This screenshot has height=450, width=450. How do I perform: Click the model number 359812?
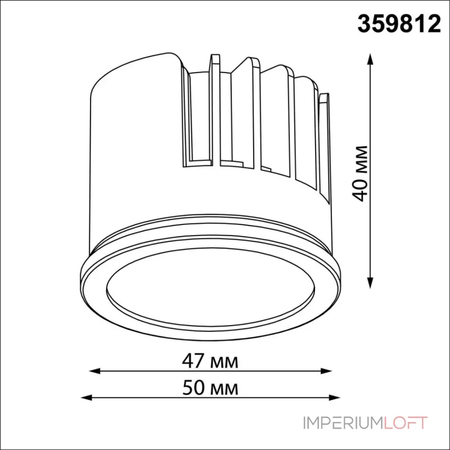tap(399, 24)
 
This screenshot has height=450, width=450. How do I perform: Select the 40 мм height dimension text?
tap(359, 173)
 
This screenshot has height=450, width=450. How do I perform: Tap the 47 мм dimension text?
tap(210, 361)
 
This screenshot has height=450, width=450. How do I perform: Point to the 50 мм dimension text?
tap(210, 388)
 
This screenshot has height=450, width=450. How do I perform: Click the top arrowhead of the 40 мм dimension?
tap(370, 59)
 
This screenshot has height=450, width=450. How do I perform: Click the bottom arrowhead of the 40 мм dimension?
tap(370, 283)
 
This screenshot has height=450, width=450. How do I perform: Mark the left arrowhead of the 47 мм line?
tap(94, 371)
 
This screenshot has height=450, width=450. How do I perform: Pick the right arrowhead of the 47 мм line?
tap(326, 371)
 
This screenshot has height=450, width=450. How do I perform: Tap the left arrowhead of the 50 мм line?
tap(87, 398)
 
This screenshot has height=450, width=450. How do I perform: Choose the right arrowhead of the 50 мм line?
tap(334, 398)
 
